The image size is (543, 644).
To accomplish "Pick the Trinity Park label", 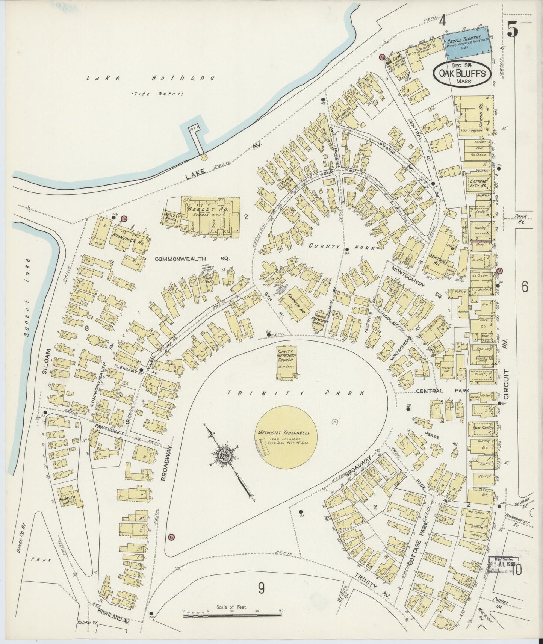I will [297, 393].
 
